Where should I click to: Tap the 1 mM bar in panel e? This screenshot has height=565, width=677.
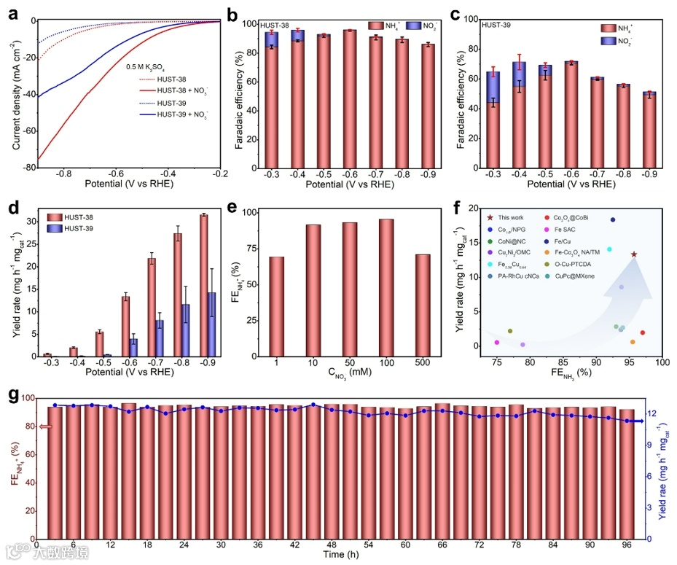point(276,306)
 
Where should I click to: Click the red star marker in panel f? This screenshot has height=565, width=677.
point(633,254)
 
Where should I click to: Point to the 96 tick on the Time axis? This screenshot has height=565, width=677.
point(627,545)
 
